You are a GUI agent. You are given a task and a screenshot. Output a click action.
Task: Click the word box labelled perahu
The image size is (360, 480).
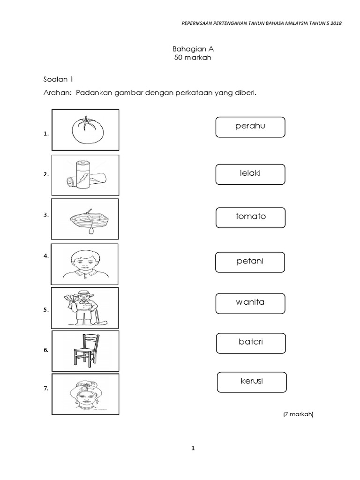tap(250, 127)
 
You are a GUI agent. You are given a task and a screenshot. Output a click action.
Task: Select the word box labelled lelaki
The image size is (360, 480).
tap(250, 174)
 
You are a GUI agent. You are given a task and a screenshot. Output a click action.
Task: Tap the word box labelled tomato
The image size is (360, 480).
tap(251, 217)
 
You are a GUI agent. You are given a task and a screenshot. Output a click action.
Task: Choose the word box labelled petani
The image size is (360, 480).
tap(250, 262)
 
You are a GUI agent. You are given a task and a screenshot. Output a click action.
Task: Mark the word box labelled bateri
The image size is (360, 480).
tap(251, 343)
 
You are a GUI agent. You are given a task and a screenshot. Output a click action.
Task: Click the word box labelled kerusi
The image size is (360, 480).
tap(252, 382)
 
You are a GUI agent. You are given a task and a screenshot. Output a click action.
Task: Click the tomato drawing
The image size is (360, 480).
tap(85, 129)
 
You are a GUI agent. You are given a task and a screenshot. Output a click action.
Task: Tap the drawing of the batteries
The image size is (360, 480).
tap(85, 175)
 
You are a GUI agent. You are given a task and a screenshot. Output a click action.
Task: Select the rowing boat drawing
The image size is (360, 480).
tap(85, 219)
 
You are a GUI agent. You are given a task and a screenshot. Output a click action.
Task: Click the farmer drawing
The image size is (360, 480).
tap(84, 307)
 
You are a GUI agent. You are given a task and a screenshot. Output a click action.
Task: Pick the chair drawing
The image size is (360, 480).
tap(85, 351)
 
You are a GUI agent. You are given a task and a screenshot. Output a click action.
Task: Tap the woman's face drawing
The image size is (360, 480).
tap(85, 394)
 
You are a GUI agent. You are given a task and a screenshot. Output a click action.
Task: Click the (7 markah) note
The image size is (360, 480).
tap(298, 414)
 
